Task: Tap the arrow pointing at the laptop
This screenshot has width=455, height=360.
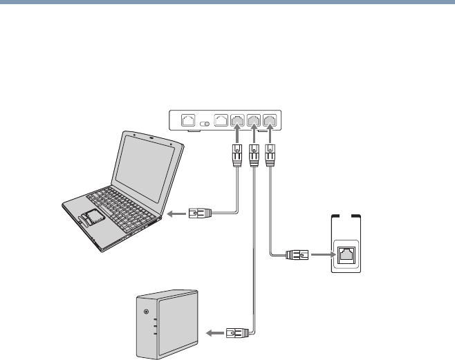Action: pos(177,214)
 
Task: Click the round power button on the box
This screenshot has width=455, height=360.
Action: pos(145,312)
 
